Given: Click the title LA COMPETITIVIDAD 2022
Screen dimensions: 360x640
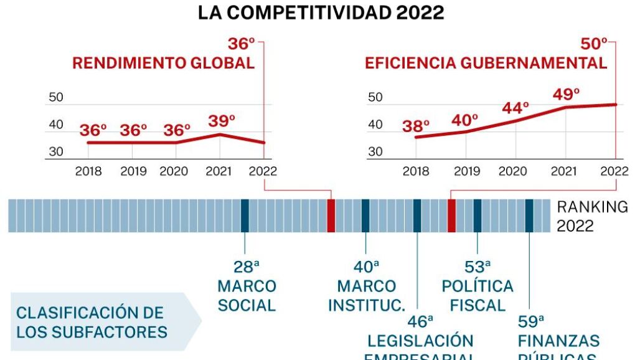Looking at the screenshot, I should pos(321,13).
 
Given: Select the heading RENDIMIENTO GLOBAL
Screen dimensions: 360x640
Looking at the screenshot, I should pos(163,63).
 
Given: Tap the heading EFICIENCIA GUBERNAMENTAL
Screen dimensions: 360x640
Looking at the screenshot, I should pos(486,63).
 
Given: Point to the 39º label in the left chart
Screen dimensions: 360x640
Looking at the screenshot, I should pos(221,121).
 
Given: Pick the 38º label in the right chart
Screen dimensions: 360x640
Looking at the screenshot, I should pos(416,126).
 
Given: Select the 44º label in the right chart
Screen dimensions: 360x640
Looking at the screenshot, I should pos(515,107).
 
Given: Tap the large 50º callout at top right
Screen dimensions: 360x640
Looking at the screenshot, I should pos(593,44).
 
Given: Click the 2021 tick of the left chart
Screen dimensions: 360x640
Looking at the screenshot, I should pos(219,171).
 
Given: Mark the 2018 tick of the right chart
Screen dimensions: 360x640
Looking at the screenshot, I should pos(416,171).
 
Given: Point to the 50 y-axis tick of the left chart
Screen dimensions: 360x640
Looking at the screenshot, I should pos(56,97).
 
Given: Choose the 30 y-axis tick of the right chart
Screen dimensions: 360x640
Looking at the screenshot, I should pos(375,152).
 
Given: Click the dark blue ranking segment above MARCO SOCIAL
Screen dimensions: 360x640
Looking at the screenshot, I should pos(245,216).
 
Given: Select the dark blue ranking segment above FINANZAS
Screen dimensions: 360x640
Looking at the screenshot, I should pos(529,216).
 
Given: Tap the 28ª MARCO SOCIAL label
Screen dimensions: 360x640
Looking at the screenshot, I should pos(247,287).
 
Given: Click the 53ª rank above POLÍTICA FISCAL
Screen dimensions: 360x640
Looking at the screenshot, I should pos(478,267).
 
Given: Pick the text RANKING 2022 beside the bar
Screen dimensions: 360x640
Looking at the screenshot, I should pos(591,216).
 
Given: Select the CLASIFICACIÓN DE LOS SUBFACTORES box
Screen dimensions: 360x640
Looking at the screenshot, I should pos(93,322).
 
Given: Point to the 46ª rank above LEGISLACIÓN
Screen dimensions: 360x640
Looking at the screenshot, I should pos(420,321).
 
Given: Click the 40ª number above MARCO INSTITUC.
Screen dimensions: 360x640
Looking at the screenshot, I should pos(366,267).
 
